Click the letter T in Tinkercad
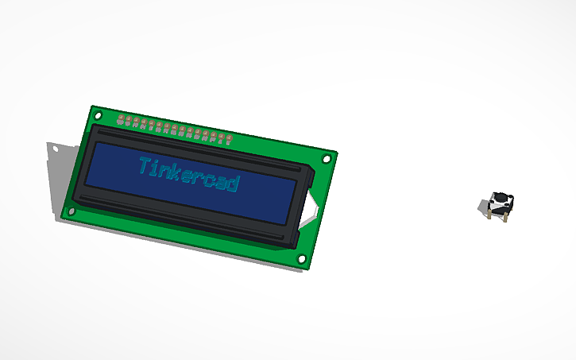[144, 166]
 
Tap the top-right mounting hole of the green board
[326, 159]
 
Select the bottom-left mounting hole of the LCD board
[72, 211]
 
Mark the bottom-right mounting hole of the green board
[301, 259]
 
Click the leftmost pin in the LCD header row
[122, 121]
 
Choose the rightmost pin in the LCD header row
[228, 141]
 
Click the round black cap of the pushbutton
[502, 199]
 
